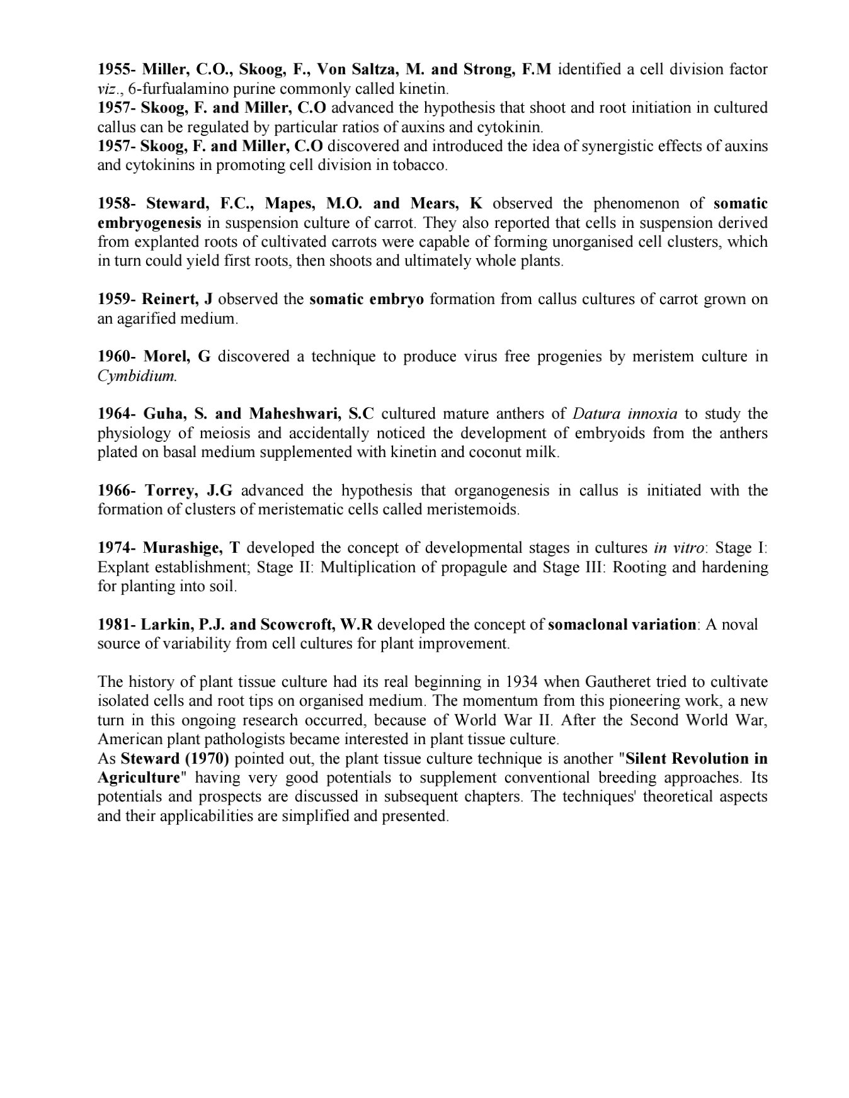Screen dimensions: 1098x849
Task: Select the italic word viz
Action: pos(107,89)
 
